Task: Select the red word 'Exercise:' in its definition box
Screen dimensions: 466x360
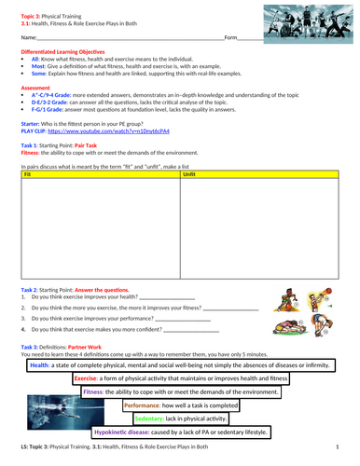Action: (x=86, y=380)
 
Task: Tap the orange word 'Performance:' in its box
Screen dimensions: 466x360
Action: (x=143, y=406)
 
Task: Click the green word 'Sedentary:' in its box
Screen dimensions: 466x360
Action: (x=156, y=419)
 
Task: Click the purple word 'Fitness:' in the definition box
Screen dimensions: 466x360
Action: (x=95, y=393)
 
